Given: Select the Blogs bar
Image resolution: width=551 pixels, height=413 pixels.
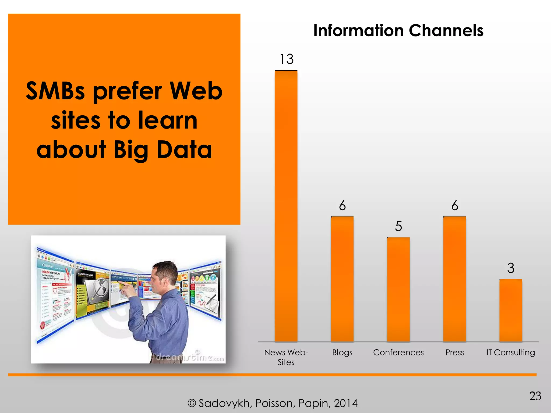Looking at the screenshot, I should pos(342,279).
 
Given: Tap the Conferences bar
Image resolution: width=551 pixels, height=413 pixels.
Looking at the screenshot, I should pos(398,290).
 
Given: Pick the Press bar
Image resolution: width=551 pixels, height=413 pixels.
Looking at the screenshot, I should pos(455,279).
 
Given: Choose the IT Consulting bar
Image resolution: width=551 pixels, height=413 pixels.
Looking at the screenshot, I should pos(511,311).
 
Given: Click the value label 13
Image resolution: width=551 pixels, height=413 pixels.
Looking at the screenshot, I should pos(287,59).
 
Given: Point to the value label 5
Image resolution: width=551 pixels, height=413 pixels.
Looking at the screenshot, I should pos(398,226).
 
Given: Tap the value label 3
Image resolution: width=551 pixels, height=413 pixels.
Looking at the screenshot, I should pos(511,268).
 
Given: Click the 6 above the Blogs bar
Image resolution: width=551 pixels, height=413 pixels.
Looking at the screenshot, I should pos(342,206).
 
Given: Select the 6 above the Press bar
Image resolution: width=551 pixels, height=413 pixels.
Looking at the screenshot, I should pos(455,206).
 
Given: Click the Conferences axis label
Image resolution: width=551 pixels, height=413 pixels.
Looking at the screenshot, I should pos(398,352).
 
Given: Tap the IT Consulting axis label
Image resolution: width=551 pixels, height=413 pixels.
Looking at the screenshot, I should pos(511,352).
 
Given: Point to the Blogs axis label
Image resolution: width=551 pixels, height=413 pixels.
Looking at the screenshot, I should pos(342,353).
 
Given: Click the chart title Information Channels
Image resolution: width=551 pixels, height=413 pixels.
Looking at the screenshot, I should pos(398,30).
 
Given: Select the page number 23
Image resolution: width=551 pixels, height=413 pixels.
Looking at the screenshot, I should pos(535,396).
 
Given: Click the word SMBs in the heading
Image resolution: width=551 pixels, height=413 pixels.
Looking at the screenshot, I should pos(55,91).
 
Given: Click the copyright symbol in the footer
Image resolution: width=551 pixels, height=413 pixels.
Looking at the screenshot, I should pos(192,403).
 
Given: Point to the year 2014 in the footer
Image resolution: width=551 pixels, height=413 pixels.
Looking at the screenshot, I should pos(346,403).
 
